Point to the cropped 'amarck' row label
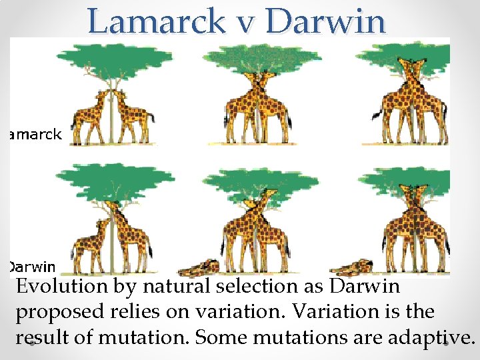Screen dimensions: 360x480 (x=35, y=135)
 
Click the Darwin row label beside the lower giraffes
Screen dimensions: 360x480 (x=32, y=267)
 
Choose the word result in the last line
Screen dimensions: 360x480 (x=43, y=337)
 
